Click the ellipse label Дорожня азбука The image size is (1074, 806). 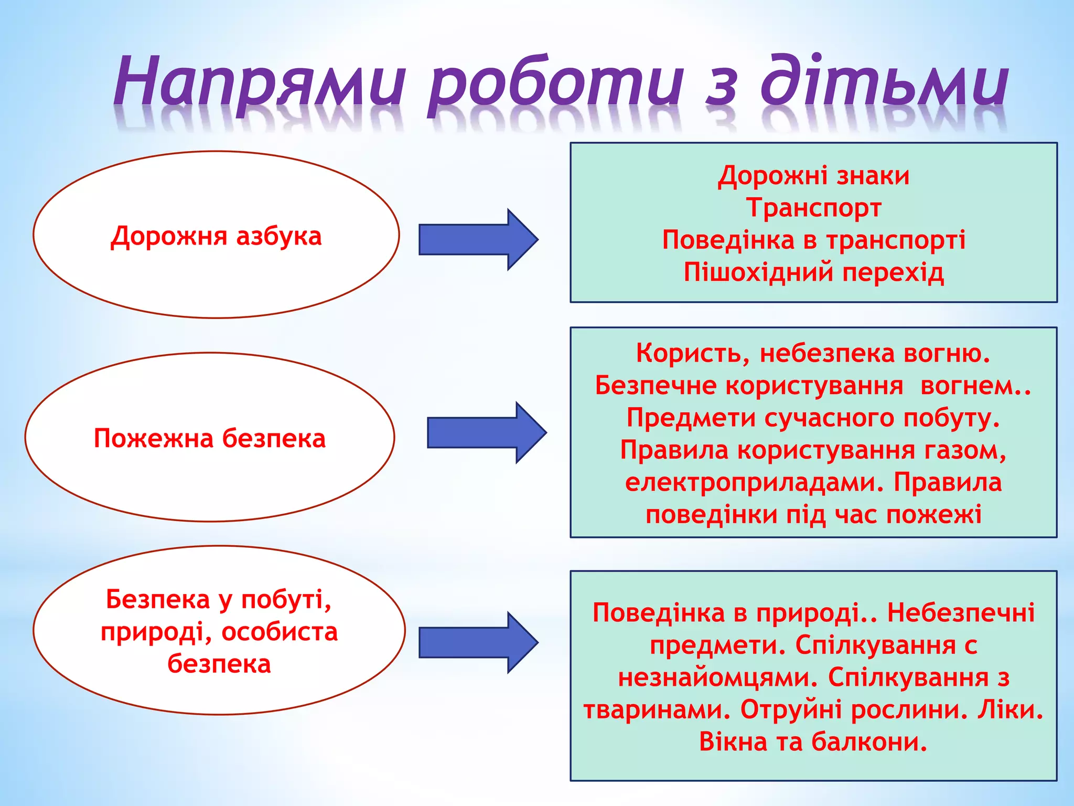pyautogui.click(x=216, y=236)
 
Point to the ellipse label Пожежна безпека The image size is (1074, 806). pyautogui.click(x=210, y=438)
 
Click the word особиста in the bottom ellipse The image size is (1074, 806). pyautogui.click(x=280, y=632)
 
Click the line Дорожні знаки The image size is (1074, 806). pyautogui.click(x=813, y=176)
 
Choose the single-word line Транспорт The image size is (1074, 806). pyautogui.click(x=813, y=208)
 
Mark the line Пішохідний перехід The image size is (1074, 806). pyautogui.click(x=813, y=272)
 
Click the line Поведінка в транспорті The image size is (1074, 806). pyautogui.click(x=813, y=240)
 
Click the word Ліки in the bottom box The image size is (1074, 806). pyautogui.click(x=1010, y=710)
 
